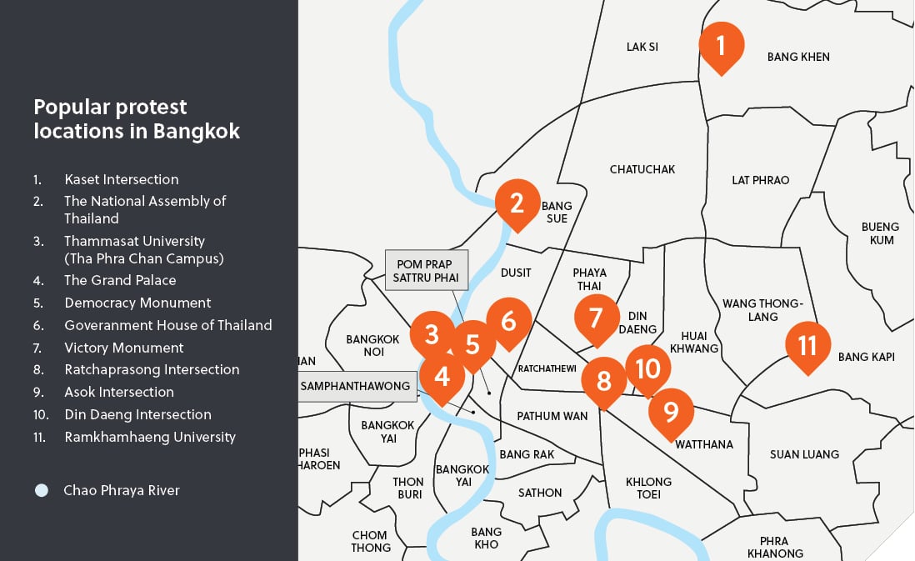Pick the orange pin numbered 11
(x=807, y=345)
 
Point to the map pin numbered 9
(x=670, y=411)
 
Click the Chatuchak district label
(x=642, y=169)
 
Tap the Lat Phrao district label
(x=760, y=180)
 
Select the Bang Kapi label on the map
(x=866, y=357)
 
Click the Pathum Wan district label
(x=552, y=415)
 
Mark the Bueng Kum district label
(x=880, y=233)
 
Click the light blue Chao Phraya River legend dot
(x=42, y=490)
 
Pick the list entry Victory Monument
(x=123, y=348)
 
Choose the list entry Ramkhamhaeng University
(x=149, y=437)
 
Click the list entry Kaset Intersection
(x=121, y=179)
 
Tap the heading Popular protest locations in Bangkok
(x=137, y=119)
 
